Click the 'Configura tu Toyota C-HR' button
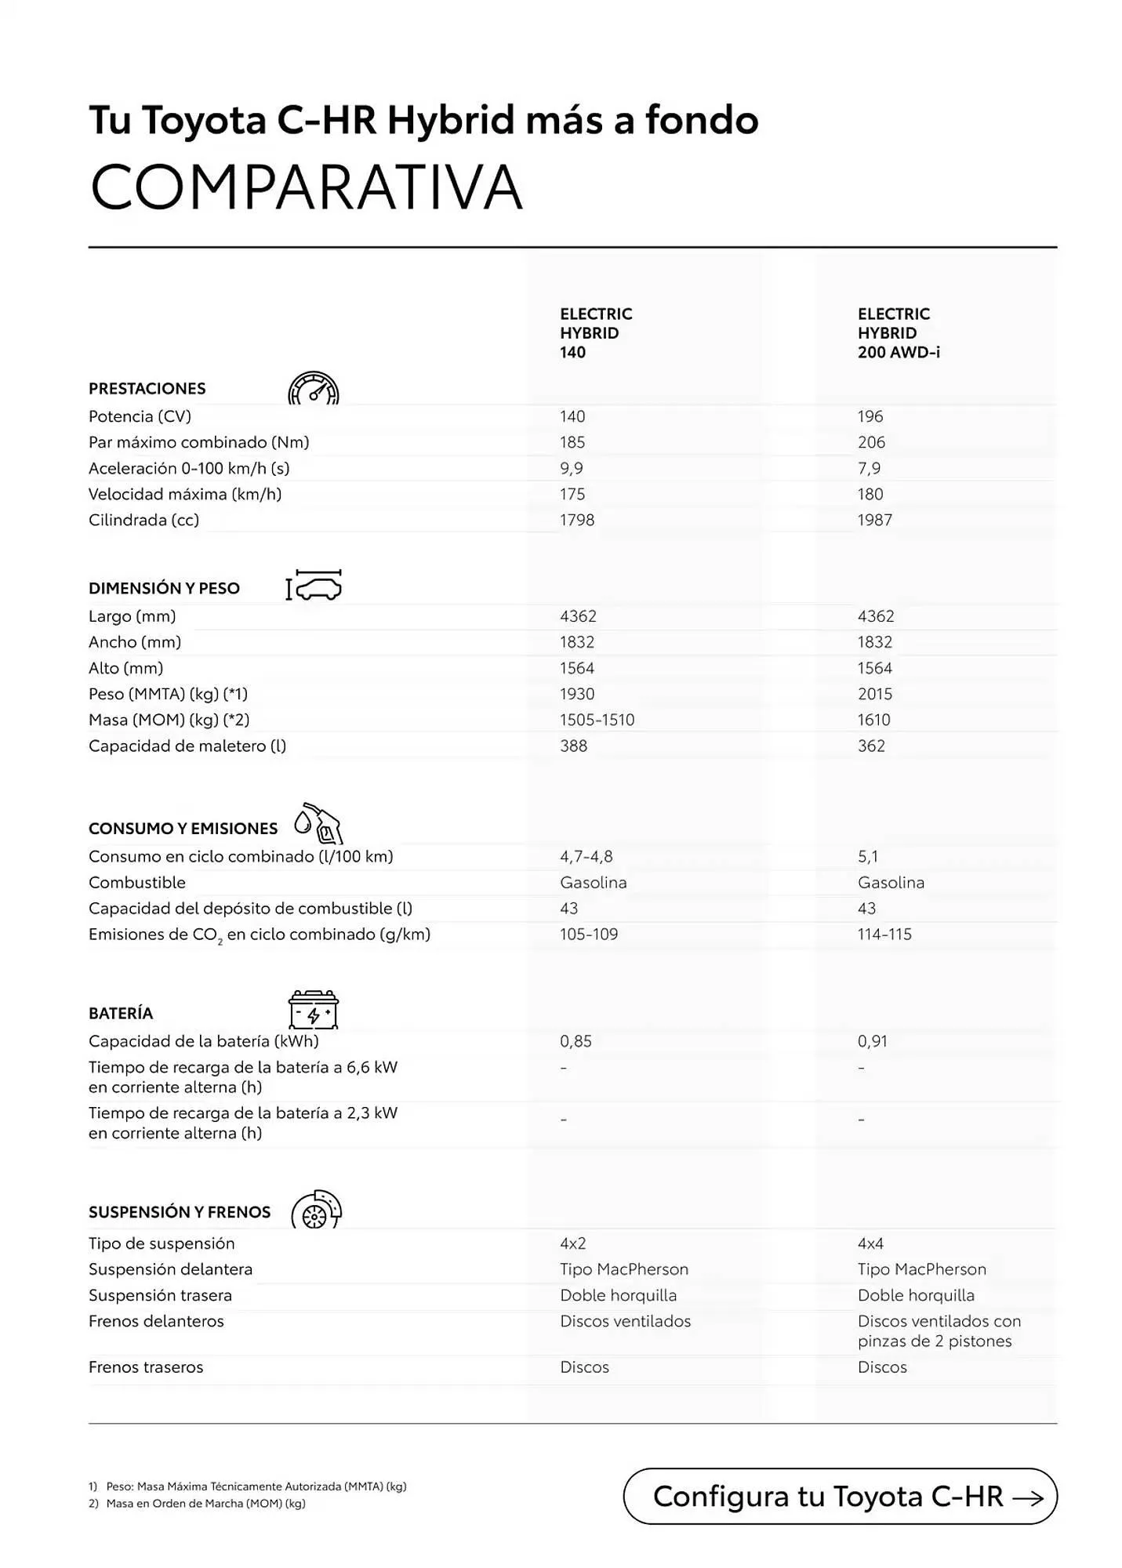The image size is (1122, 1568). [840, 1496]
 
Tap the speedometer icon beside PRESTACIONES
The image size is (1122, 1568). [313, 388]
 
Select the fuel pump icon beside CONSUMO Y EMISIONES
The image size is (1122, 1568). [318, 823]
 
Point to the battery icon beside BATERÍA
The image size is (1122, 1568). [313, 1010]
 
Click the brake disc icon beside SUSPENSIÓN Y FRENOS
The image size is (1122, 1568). [316, 1210]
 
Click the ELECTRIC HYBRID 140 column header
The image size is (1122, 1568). [595, 333]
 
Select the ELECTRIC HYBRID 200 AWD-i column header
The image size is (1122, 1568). [898, 333]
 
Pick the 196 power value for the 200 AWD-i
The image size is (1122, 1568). [870, 416]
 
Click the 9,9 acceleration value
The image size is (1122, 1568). [571, 468]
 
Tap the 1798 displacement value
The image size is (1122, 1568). [576, 520]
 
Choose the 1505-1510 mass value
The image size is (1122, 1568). [597, 720]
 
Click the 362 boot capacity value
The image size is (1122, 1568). [870, 746]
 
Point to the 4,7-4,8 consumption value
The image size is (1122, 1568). [586, 856]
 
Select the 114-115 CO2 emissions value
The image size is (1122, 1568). [884, 934]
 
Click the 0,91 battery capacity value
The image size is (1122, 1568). [872, 1041]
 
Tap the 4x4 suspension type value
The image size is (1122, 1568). [870, 1243]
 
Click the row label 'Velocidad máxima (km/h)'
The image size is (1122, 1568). [184, 494]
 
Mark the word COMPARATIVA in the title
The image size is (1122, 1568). [306, 187]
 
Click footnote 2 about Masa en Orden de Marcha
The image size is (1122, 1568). [197, 1504]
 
